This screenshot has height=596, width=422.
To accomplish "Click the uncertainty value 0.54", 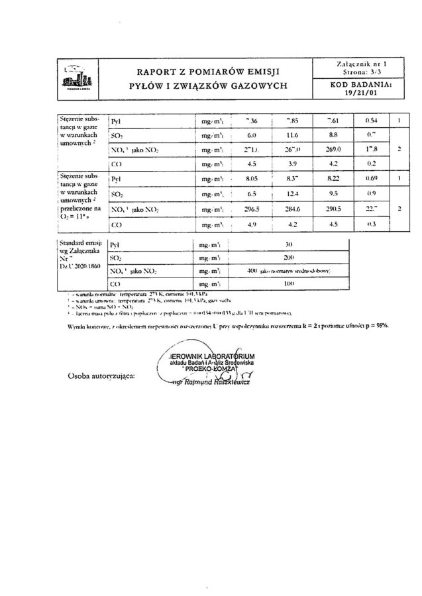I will pyautogui.click(x=372, y=121).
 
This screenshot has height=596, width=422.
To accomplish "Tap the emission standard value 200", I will pyautogui.click(x=289, y=258).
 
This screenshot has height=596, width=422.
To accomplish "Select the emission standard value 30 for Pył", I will pyautogui.click(x=289, y=244).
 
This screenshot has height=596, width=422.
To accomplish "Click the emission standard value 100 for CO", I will pyautogui.click(x=289, y=285).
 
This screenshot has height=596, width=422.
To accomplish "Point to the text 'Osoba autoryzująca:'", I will pyautogui.click(x=101, y=375).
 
